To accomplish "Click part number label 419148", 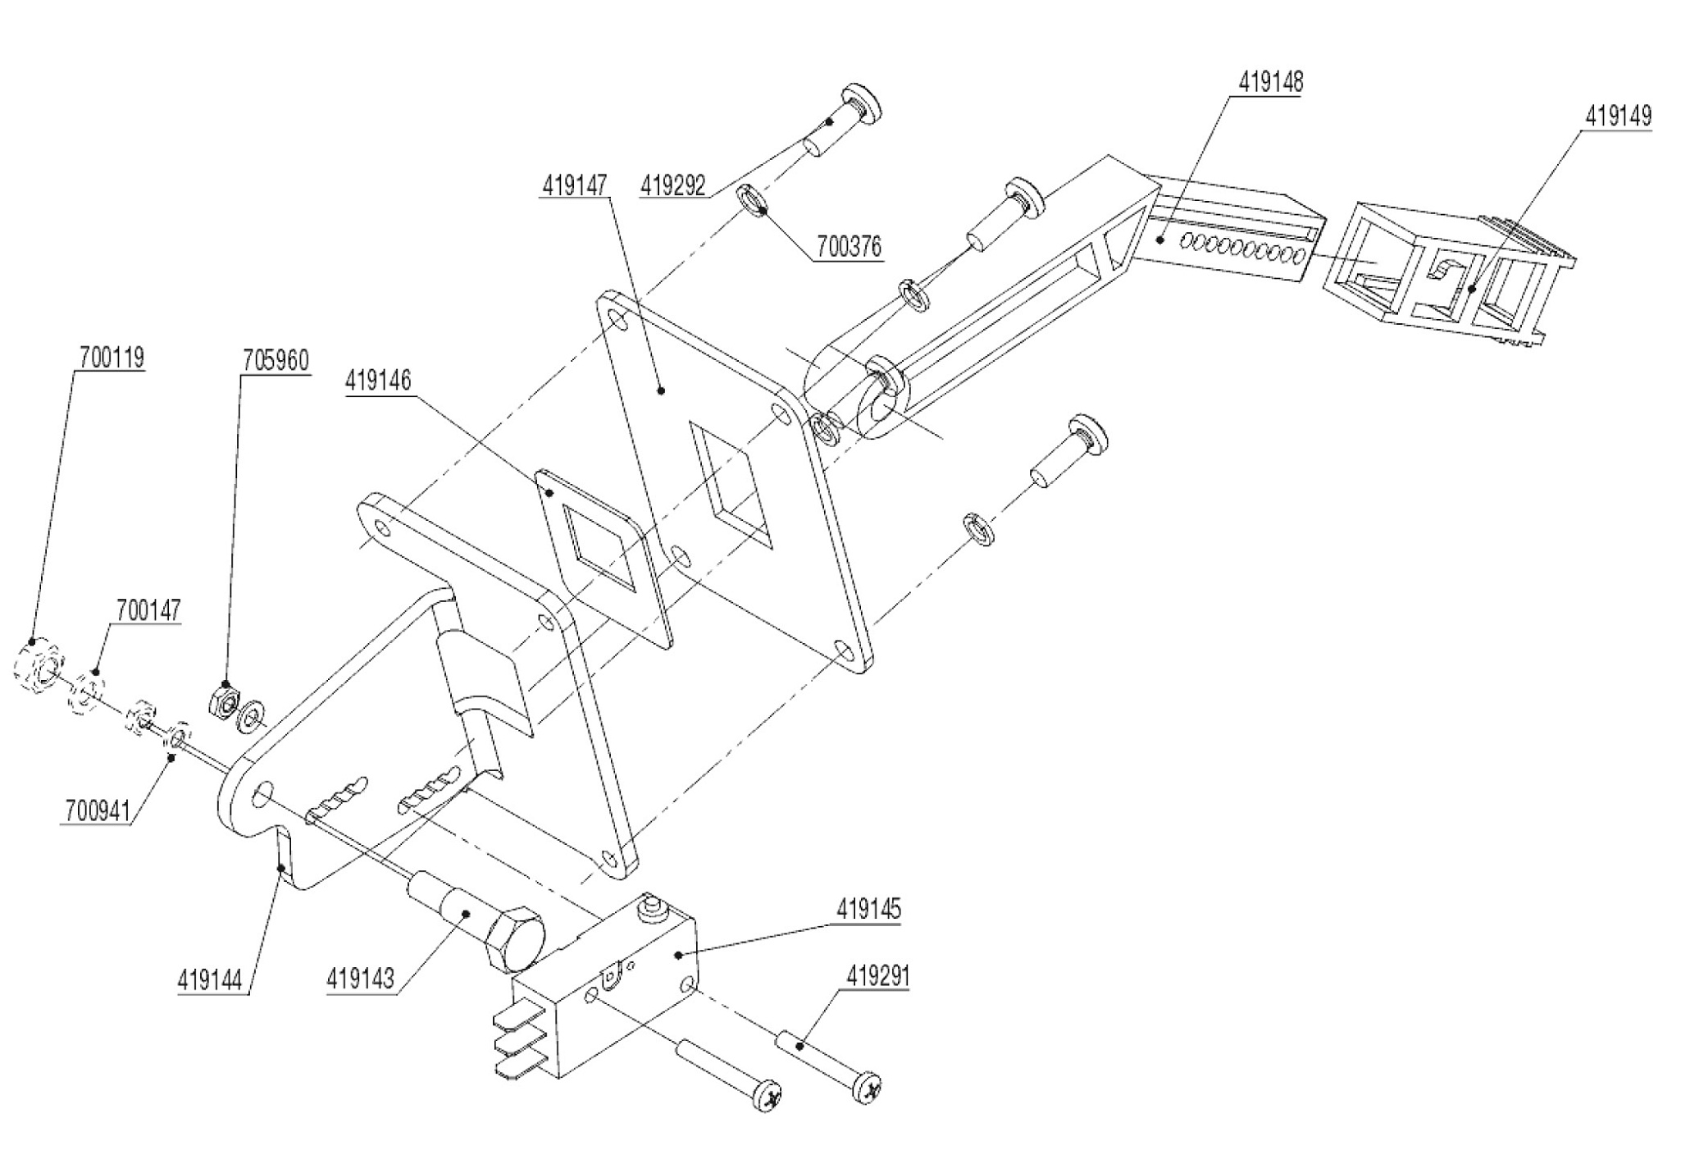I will [1270, 83].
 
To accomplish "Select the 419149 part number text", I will [1618, 116].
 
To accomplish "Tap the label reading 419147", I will [574, 186].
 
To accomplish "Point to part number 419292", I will [673, 186].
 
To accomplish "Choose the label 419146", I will [378, 381].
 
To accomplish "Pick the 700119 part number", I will [112, 358].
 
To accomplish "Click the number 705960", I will [276, 361].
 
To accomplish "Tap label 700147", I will [148, 611].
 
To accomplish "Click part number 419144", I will [212, 980].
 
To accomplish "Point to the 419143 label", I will [360, 979].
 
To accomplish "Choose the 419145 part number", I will [868, 910].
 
